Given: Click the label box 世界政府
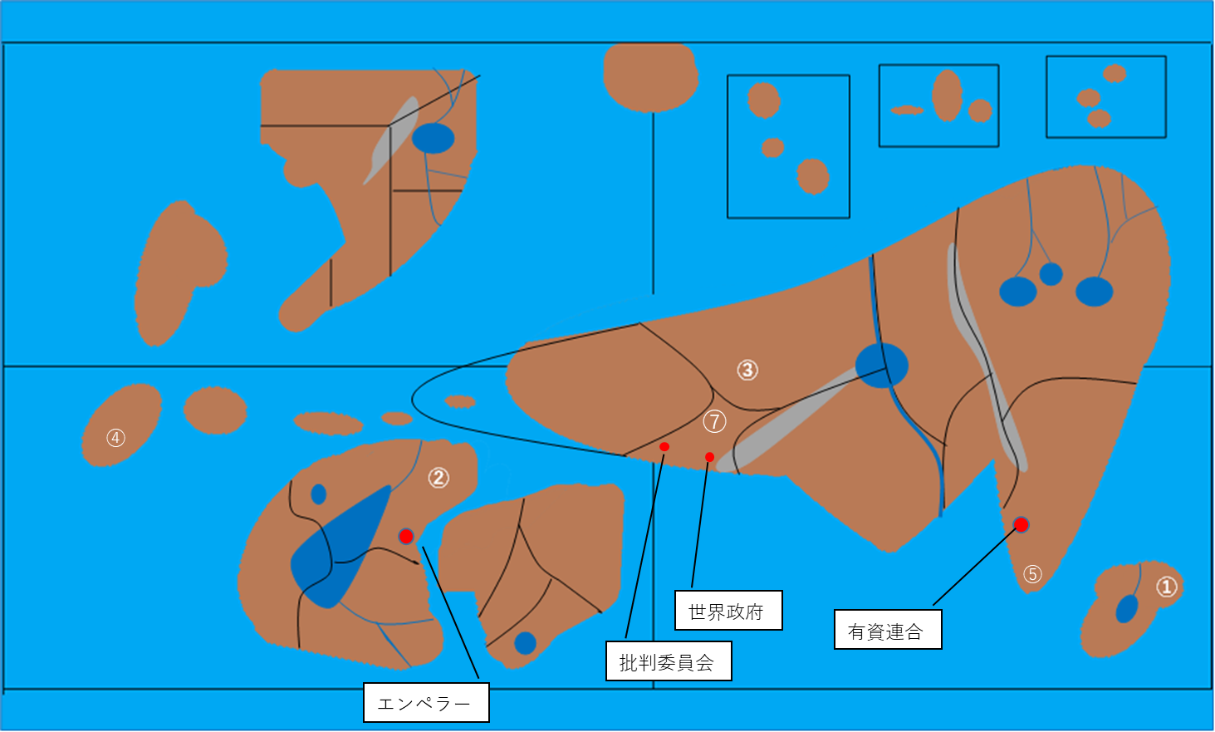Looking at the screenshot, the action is (728, 611).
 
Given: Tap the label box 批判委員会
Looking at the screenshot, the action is (669, 661).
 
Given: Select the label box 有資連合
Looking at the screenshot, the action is (888, 630).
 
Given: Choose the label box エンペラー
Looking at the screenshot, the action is (426, 703).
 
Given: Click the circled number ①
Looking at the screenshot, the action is (1167, 587).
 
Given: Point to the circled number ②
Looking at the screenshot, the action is (438, 478).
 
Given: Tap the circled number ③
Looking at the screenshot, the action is (747, 370).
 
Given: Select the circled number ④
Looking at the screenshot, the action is (115, 438).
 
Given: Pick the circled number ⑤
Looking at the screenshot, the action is (1032, 574).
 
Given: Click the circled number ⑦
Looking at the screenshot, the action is (714, 421).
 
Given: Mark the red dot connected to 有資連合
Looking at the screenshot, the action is (1021, 525).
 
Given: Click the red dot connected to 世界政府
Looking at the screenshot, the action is (709, 458).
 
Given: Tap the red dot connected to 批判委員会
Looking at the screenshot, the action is (664, 446).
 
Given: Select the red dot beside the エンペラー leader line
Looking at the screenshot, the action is (406, 536).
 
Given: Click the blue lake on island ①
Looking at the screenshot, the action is (1127, 609).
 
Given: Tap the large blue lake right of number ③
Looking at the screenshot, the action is (881, 366).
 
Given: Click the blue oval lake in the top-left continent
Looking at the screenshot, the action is (433, 139).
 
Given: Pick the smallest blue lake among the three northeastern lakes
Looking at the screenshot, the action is (1051, 274).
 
